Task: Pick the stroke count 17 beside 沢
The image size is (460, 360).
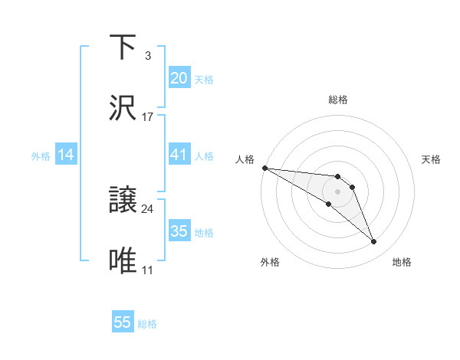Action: pos(148,116)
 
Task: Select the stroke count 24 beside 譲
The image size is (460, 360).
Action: pos(148,209)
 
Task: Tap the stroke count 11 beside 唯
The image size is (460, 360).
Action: pos(148,270)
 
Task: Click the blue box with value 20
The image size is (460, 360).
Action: pos(179,77)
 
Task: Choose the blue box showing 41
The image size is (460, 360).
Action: pos(179,155)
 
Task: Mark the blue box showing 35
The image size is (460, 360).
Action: pos(179,231)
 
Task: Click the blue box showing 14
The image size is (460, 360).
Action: pos(66,155)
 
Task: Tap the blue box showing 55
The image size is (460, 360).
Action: pos(123,322)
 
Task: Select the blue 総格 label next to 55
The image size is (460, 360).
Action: pos(147,324)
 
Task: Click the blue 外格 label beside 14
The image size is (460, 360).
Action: pos(41,156)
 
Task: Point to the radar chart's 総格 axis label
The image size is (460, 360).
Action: pos(337,100)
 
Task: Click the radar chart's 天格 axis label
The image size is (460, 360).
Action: pos(432,159)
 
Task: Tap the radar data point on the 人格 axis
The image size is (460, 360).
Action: pos(264,168)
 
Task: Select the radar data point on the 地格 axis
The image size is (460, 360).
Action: pos(373,242)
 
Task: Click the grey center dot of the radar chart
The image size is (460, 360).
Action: pos(337,191)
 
